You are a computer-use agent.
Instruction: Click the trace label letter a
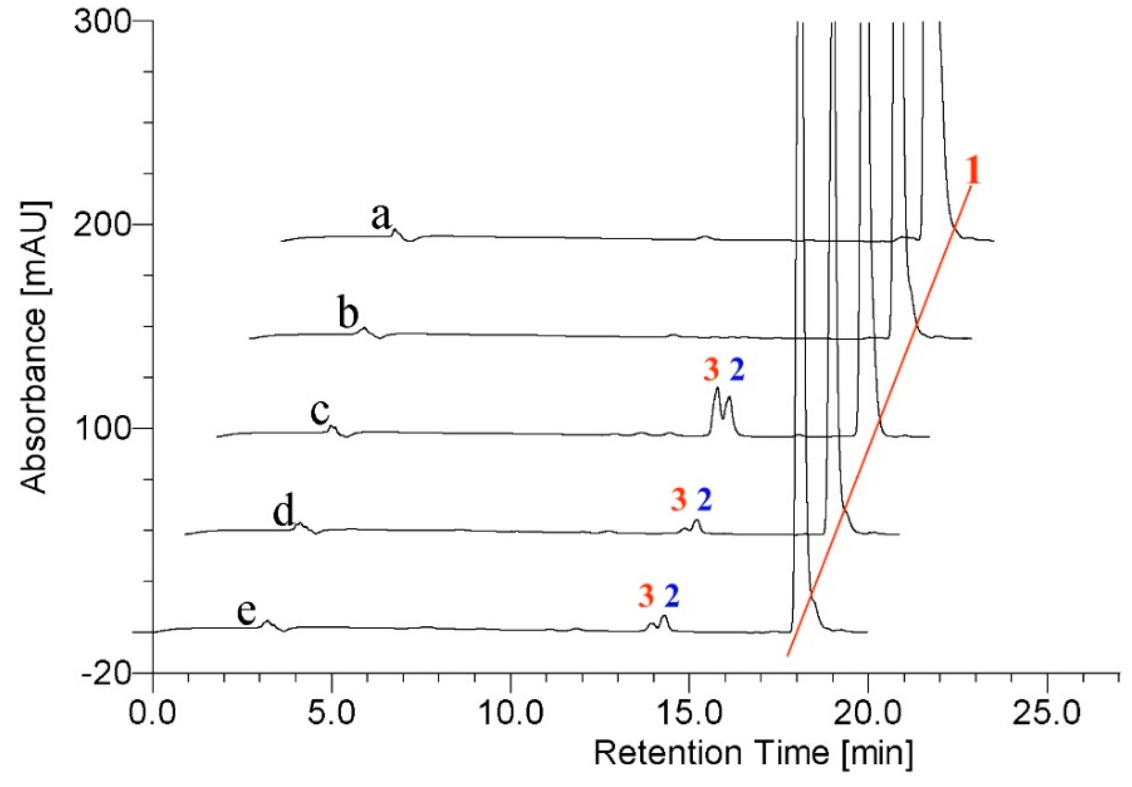point(380,217)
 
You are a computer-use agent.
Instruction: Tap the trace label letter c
point(320,412)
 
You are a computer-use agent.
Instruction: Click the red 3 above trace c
point(711,370)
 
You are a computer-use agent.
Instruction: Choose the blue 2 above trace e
point(672,596)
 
